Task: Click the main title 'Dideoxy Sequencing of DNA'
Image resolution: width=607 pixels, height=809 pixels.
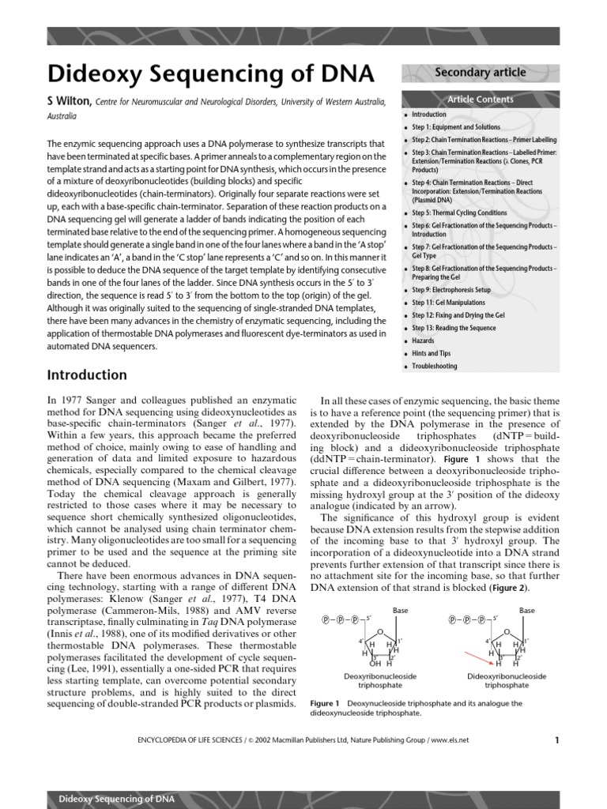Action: [211, 74]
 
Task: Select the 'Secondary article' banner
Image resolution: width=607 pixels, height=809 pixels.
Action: [480, 73]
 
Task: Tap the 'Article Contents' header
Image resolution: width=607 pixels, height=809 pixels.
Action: [480, 100]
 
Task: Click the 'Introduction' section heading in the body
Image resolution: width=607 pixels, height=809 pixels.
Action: [87, 374]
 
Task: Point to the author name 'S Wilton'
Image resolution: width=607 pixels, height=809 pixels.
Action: [70, 101]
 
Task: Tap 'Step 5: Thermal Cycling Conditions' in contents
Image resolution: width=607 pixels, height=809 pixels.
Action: [459, 213]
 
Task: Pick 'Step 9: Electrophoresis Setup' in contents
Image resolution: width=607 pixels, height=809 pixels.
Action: [453, 290]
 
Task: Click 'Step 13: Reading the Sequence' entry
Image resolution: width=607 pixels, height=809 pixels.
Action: [454, 328]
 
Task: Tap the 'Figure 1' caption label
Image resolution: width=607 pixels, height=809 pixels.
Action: [325, 703]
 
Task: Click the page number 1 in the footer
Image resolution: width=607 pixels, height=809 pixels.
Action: [556, 740]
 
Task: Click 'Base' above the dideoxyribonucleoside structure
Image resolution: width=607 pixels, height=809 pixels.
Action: [526, 610]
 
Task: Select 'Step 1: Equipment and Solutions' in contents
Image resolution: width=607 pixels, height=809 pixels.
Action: [455, 127]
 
